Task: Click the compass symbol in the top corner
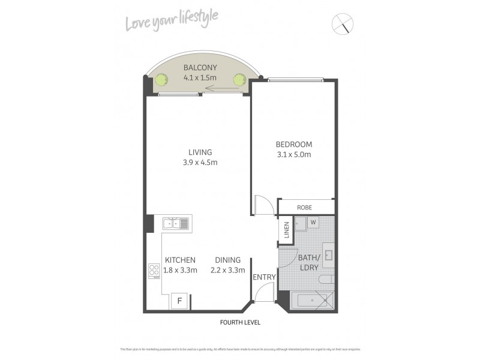point(343,24)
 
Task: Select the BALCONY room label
point(200,68)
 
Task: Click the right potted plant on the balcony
point(240,79)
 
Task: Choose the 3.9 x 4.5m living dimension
point(200,163)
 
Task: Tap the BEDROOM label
point(293,144)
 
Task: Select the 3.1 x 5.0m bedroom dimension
point(293,154)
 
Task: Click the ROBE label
point(305,208)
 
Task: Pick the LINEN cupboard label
point(287,230)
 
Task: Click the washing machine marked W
point(313,223)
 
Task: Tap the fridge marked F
point(178,300)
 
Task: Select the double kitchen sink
point(176,224)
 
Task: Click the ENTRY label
point(264,277)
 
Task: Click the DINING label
point(227,260)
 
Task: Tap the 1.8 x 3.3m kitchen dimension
point(179,270)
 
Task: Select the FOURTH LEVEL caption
point(240,322)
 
